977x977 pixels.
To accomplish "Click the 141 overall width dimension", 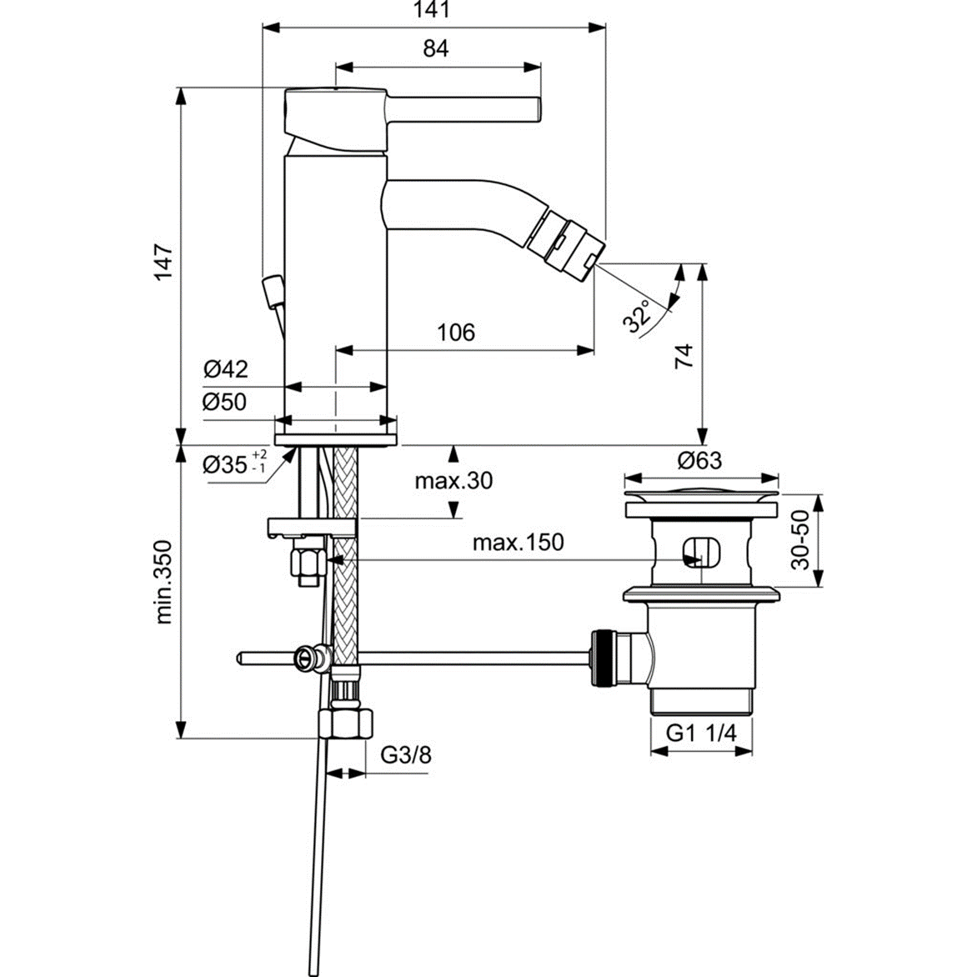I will pos(434,11).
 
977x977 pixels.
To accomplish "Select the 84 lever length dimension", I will pos(435,49).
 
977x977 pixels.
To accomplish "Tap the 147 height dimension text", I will pos(163,261).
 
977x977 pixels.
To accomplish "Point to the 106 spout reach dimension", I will pos(456,333).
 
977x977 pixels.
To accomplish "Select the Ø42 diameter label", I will pos(225,368).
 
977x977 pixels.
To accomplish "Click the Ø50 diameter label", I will pos(225,402).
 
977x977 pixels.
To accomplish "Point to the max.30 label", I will pos(453,481).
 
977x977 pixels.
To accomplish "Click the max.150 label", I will pos(518,543).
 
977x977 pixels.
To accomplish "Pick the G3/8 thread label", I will pos(406,755).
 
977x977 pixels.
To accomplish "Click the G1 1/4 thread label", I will pos(701,734).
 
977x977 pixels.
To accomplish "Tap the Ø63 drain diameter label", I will pos(699,459).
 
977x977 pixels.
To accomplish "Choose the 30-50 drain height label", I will pos(800,540).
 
